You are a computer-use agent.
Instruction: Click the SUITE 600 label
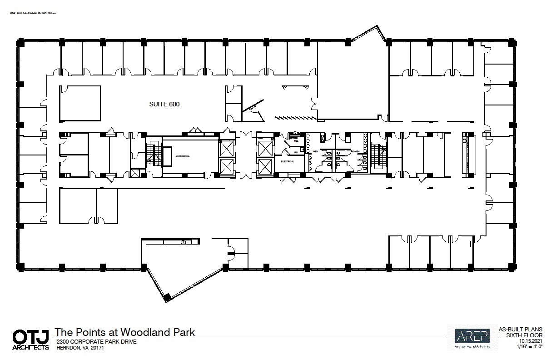[x=164, y=104]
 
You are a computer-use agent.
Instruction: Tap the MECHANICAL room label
[x=183, y=156]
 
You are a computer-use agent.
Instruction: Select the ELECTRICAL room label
[x=288, y=161]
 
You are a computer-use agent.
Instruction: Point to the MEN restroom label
[x=315, y=151]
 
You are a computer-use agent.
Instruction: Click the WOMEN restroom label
[x=354, y=151]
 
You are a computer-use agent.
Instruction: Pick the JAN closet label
[x=295, y=152]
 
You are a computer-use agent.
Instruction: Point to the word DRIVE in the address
[x=127, y=342]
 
